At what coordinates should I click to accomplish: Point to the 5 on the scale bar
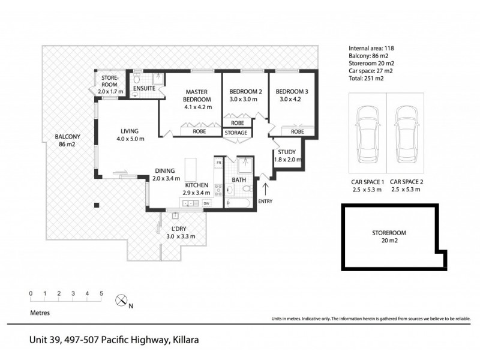pyautogui.click(x=101, y=293)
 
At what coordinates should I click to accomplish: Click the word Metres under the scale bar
pyautogui.click(x=40, y=313)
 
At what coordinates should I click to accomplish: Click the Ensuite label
pyautogui.click(x=145, y=89)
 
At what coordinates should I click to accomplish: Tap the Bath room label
pyautogui.click(x=238, y=180)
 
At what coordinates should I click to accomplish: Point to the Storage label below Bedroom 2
pyautogui.click(x=236, y=133)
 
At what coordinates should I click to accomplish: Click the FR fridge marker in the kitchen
pyautogui.click(x=219, y=163)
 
